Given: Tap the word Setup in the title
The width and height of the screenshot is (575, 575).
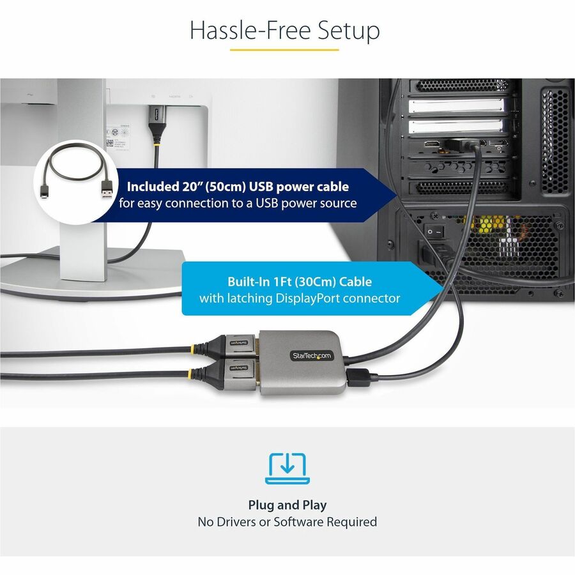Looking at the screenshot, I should pos(351,31).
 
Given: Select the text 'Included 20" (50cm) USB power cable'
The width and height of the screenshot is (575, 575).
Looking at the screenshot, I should pos(238,187).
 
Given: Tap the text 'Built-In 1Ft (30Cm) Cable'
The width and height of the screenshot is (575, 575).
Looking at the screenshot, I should pos(300,282).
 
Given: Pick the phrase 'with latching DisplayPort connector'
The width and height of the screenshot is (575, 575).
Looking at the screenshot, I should pos(300,298).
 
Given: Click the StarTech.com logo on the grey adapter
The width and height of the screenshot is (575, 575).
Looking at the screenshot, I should pos(312,356).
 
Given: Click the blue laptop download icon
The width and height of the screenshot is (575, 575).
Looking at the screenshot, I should pos(287,468).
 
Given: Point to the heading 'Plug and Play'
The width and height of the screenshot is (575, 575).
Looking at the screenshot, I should pos(287,505).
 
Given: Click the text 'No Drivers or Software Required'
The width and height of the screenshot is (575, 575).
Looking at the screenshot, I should pos(287,522).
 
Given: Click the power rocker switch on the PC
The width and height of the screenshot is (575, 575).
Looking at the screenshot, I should pos(435,232).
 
